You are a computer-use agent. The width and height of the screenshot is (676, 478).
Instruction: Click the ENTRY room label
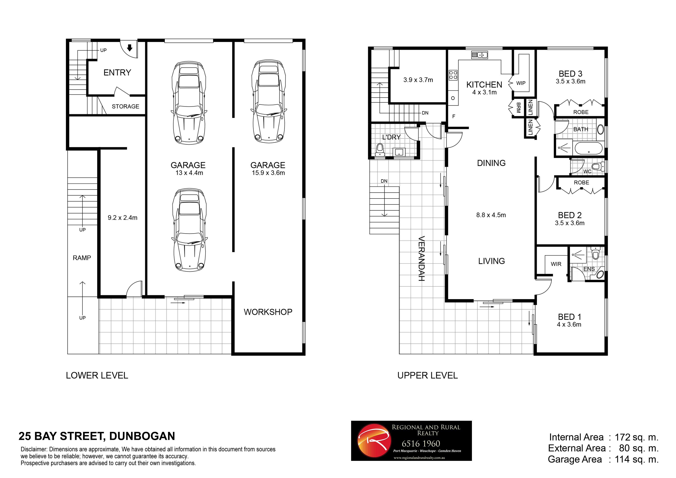(x=117, y=73)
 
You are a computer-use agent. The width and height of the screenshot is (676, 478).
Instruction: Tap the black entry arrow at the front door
(x=129, y=48)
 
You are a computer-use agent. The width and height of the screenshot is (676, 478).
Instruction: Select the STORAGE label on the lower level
(x=125, y=106)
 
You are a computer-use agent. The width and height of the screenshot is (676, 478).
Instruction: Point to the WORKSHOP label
(x=268, y=312)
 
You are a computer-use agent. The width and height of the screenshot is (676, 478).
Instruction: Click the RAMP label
(x=82, y=258)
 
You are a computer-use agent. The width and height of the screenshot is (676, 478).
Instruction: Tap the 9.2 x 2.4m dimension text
(x=123, y=218)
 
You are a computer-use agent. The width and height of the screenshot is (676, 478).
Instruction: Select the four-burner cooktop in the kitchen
(x=453, y=75)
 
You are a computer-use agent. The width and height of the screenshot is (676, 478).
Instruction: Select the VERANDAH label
(x=422, y=258)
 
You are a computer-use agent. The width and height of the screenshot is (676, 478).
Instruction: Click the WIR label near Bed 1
(x=556, y=264)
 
